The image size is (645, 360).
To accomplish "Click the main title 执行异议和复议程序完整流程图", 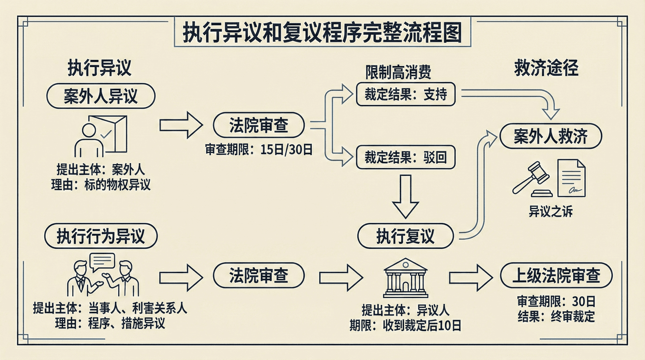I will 322,33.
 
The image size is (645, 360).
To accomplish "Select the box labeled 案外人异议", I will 101,96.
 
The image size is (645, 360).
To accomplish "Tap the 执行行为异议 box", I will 101,236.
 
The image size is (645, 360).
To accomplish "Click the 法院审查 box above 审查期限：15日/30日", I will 259,125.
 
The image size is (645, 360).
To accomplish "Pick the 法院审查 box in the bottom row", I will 259,276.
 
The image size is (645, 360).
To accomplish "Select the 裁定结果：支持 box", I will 405,94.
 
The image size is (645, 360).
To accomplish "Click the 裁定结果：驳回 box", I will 405,157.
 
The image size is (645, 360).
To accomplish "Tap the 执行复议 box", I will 405,236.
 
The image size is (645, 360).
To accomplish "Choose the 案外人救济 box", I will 551,136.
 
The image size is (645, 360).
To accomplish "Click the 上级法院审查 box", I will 556,276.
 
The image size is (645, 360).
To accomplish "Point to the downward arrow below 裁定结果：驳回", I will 405,196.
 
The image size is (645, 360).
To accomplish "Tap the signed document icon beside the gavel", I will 571,178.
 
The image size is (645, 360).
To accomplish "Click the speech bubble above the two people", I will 102,261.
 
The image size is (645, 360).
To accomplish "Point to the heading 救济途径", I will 546,68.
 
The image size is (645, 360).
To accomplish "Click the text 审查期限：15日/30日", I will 259,149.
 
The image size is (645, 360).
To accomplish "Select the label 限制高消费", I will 398,72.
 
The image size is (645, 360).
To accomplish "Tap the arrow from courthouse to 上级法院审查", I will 471,277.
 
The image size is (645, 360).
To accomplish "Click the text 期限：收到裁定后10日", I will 405,325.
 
